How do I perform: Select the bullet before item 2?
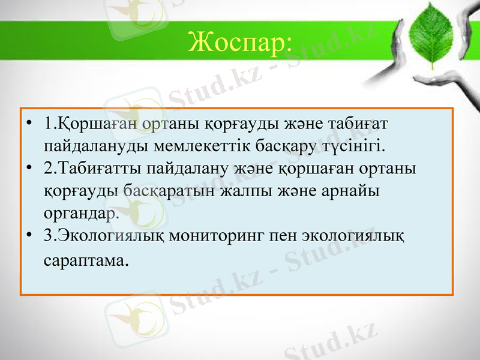coord(29,169)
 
